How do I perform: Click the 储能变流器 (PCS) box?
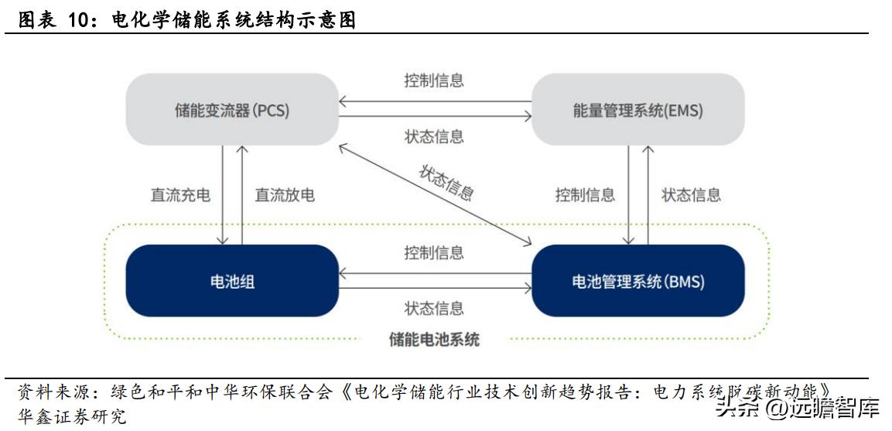(x=231, y=110)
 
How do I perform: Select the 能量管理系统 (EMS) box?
(x=637, y=110)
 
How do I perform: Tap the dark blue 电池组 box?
(x=231, y=281)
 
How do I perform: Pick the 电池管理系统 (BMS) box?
(x=637, y=281)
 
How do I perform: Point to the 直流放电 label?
(x=285, y=195)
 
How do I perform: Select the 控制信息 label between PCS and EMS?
(x=434, y=80)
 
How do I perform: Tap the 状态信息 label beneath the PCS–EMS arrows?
(x=434, y=137)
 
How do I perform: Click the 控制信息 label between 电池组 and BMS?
(x=434, y=252)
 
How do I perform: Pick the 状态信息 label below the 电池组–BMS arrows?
(x=434, y=308)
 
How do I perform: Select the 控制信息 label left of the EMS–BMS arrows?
(x=585, y=195)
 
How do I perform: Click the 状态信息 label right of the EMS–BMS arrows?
(x=691, y=195)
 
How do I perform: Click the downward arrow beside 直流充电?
(x=223, y=195)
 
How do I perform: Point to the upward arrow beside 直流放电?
(x=242, y=195)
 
